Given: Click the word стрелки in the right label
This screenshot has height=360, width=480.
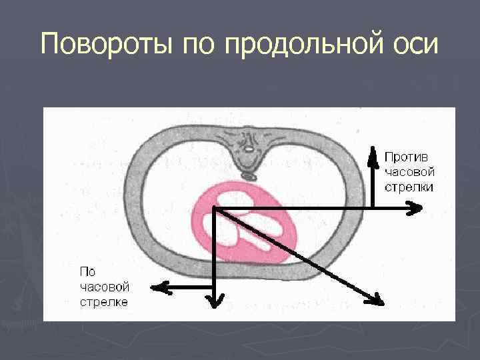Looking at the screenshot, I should click(409, 187).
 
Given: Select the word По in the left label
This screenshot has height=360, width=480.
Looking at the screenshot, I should click(87, 271).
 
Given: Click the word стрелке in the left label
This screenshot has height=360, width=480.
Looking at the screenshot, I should click(103, 302).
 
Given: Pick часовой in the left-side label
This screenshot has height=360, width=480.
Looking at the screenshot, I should click(104, 287).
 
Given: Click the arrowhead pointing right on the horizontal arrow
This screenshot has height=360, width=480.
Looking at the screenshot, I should click(417, 209).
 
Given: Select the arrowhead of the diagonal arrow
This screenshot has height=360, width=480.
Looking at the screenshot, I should click(378, 299).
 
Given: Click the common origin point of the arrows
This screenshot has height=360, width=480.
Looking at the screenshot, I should click(215, 210).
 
